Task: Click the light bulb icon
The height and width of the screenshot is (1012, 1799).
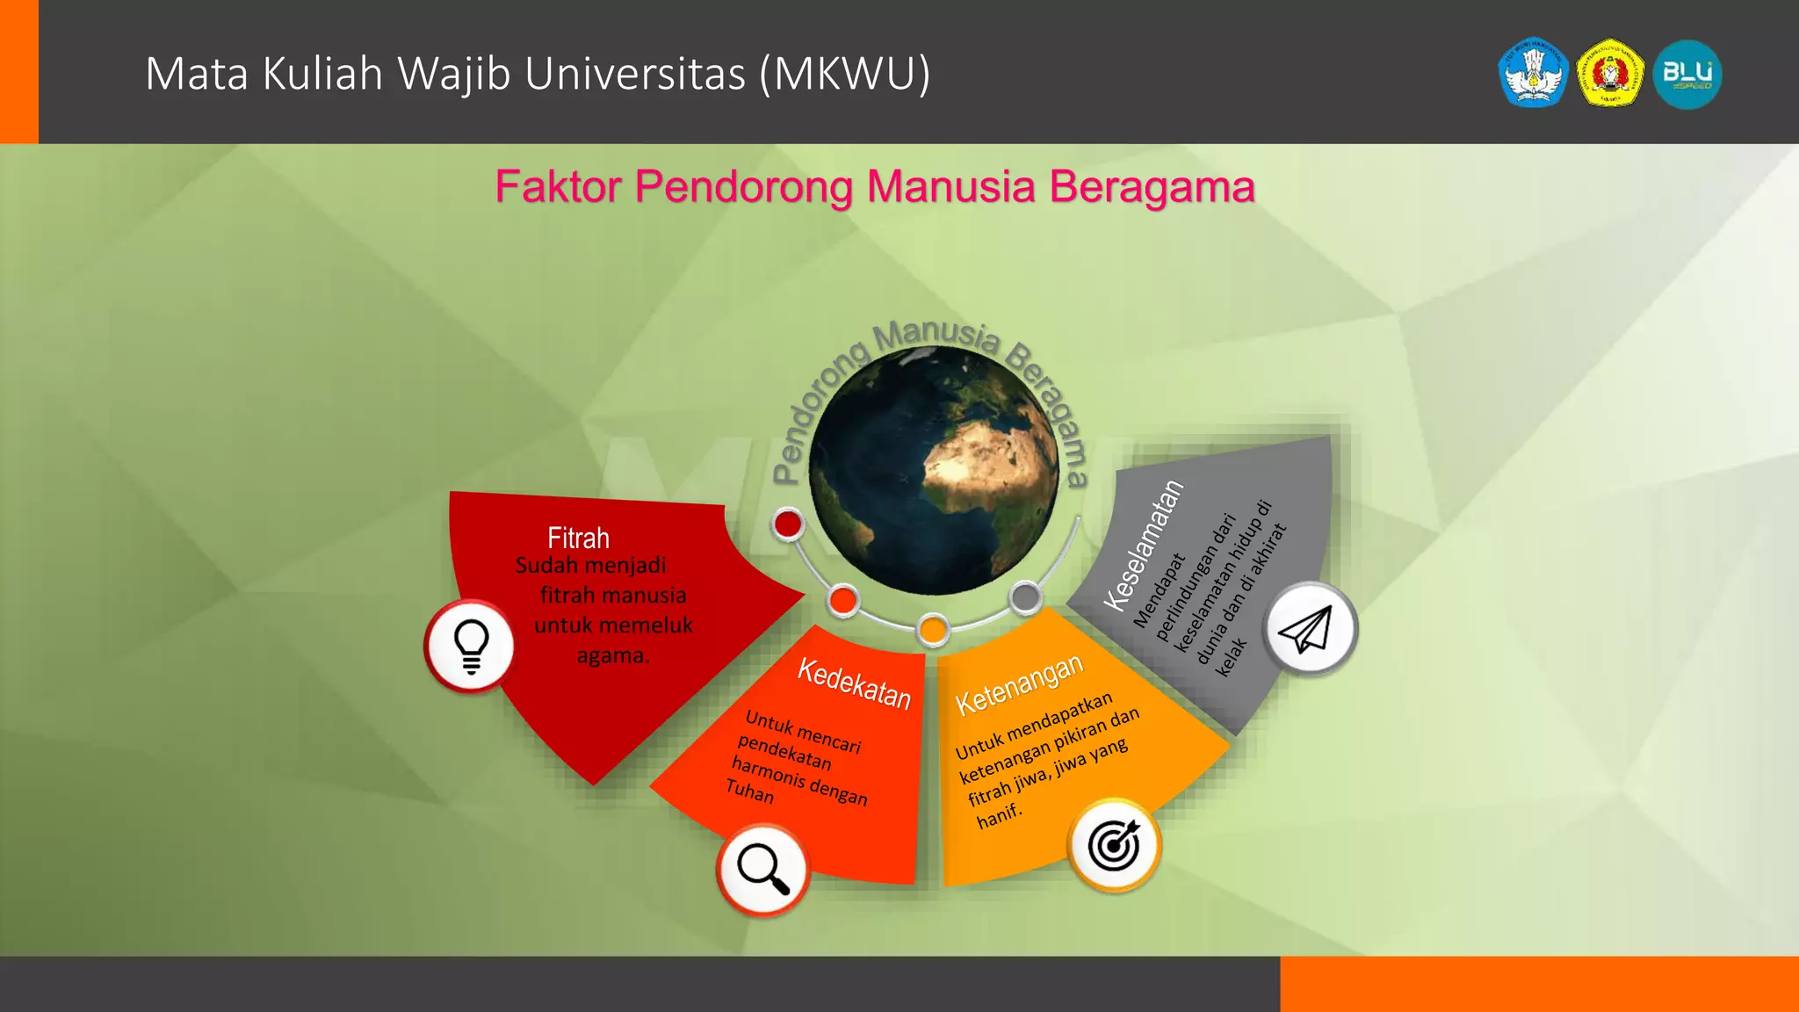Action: (471, 647)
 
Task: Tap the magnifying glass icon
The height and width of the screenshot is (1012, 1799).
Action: (762, 870)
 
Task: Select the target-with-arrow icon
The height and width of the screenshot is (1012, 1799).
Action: (1114, 845)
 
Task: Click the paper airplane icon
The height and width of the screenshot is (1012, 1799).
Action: (1309, 629)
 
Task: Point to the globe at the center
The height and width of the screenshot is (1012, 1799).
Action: (934, 471)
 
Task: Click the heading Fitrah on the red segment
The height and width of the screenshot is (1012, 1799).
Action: (578, 538)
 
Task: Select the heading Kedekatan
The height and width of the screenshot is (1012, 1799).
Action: (854, 683)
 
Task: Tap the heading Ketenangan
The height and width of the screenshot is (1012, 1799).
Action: (1019, 685)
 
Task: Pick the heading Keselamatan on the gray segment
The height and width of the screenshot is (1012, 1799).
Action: (1144, 546)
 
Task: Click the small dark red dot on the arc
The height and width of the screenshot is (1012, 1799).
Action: (788, 524)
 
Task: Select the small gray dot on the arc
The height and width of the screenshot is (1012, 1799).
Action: (1025, 597)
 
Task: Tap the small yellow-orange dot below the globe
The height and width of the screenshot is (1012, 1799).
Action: (933, 629)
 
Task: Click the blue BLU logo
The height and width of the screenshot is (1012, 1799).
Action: (1687, 75)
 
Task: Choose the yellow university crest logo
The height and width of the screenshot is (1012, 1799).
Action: (1610, 75)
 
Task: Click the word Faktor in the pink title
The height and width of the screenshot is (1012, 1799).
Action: (559, 187)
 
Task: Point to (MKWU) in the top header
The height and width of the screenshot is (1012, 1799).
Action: (845, 74)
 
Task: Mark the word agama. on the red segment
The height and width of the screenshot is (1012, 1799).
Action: (613, 655)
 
